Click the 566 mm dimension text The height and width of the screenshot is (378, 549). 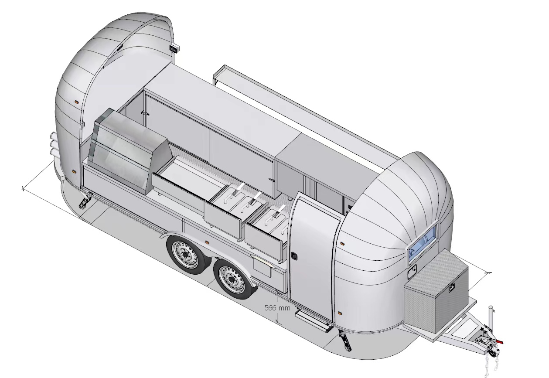277,308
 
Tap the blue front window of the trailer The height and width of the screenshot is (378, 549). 423,238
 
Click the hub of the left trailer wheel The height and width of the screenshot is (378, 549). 185,255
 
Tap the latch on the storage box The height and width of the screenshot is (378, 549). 453,288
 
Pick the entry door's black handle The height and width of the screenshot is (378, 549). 293,256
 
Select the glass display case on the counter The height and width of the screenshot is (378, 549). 130,152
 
